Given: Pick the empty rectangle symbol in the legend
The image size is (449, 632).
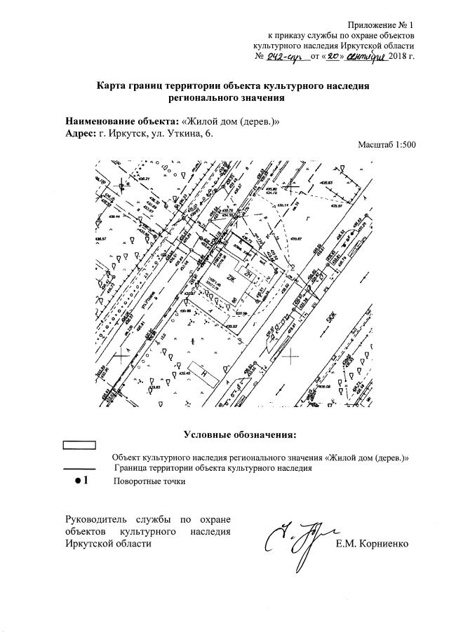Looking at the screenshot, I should (x=80, y=445).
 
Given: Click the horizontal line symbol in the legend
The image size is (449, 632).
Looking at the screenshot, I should (x=79, y=467).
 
